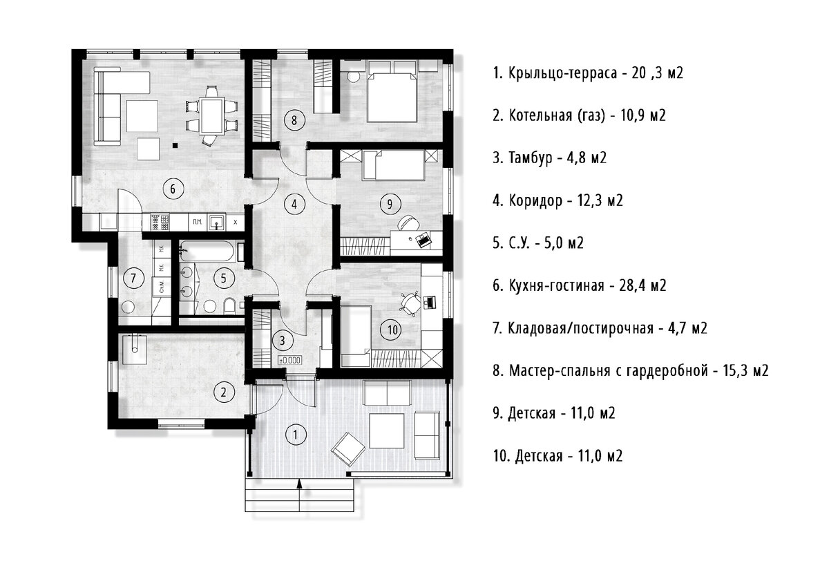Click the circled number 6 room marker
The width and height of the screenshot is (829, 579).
(173, 189)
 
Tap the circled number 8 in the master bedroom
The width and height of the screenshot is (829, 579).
(294, 120)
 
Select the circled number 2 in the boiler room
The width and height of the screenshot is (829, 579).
(223, 392)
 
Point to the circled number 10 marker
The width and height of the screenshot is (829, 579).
(392, 330)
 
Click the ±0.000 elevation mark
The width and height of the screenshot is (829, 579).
(289, 360)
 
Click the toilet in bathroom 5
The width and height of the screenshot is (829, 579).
(230, 306)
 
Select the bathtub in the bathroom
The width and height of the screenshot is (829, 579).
(207, 251)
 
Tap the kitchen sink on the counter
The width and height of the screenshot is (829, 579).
(216, 222)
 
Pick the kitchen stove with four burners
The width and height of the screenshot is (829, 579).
(160, 222)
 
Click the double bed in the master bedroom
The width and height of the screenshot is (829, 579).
(392, 97)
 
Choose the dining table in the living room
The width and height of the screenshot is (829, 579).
(212, 115)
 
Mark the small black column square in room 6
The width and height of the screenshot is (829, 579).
(175, 146)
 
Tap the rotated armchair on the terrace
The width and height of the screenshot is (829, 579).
(348, 449)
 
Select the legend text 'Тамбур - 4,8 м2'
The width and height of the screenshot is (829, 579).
(550, 158)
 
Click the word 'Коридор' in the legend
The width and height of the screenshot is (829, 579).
(535, 200)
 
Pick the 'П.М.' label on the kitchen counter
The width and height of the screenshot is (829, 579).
(198, 222)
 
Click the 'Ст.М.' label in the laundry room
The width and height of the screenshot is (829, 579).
(162, 287)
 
